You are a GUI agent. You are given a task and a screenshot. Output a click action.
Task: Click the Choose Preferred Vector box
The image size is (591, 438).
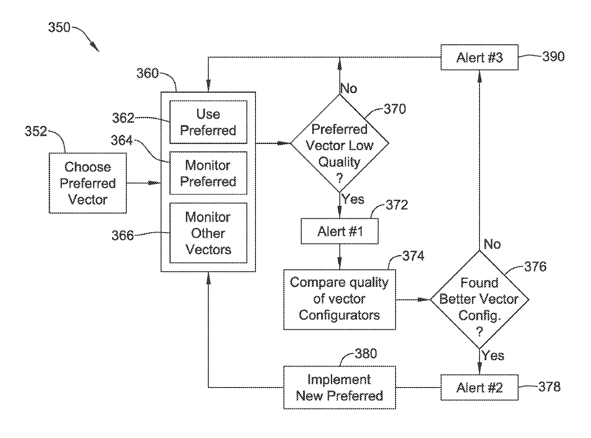tap(88, 183)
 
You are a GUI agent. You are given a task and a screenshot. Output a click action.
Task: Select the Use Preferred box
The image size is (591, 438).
tap(208, 122)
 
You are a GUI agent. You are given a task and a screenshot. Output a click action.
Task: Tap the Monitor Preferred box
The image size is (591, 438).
tap(208, 173)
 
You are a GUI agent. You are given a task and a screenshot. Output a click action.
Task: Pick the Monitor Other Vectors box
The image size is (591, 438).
tap(208, 233)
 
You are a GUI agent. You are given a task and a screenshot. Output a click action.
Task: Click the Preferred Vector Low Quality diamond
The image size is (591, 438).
tap(339, 143)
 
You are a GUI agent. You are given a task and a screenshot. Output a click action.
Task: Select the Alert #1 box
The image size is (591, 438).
tap(339, 231)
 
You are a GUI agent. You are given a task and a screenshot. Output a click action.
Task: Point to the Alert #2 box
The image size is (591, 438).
tap(479, 387)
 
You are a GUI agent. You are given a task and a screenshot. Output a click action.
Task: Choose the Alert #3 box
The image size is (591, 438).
tap(479, 57)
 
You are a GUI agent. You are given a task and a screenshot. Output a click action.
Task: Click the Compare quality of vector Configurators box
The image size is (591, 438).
tap(339, 300)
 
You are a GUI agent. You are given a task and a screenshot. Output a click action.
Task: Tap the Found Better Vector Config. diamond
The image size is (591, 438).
tap(479, 300)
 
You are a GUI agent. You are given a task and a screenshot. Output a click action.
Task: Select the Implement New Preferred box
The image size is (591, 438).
tap(339, 387)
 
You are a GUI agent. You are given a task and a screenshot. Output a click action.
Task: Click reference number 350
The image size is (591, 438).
tap(59, 27)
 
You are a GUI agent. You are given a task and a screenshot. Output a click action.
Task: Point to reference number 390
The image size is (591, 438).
tap(553, 57)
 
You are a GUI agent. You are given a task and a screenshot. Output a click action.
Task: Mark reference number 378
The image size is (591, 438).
tap(550, 387)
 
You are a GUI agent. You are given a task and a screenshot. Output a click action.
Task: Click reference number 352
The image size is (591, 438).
tap(36, 131)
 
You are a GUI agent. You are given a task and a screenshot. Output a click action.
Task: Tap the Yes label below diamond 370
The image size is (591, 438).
tap(353, 199)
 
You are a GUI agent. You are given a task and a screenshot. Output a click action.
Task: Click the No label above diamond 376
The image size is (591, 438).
tap(492, 244)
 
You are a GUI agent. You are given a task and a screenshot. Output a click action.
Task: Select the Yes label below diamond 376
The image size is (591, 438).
tap(493, 356)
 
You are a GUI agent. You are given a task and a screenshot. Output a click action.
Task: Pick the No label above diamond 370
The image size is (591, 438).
tap(349, 88)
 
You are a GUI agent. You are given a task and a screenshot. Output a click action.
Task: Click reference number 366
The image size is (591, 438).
tap(122, 235)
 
